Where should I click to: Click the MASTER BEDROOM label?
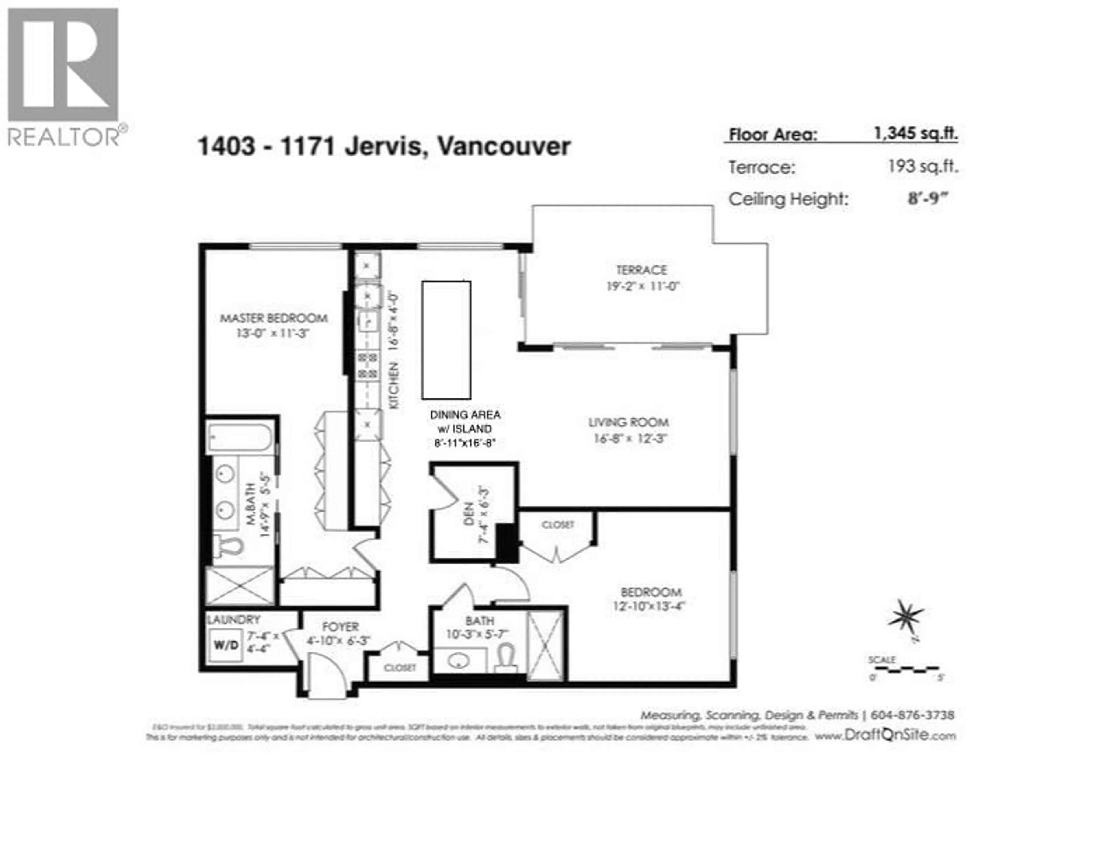[274, 318]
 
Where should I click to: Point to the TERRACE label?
[641, 270]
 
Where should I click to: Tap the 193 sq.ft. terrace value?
[923, 166]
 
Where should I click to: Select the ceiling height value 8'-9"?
[928, 198]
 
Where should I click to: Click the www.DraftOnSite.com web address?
[885, 735]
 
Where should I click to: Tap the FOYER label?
[340, 627]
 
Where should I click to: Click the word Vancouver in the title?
[504, 147]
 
